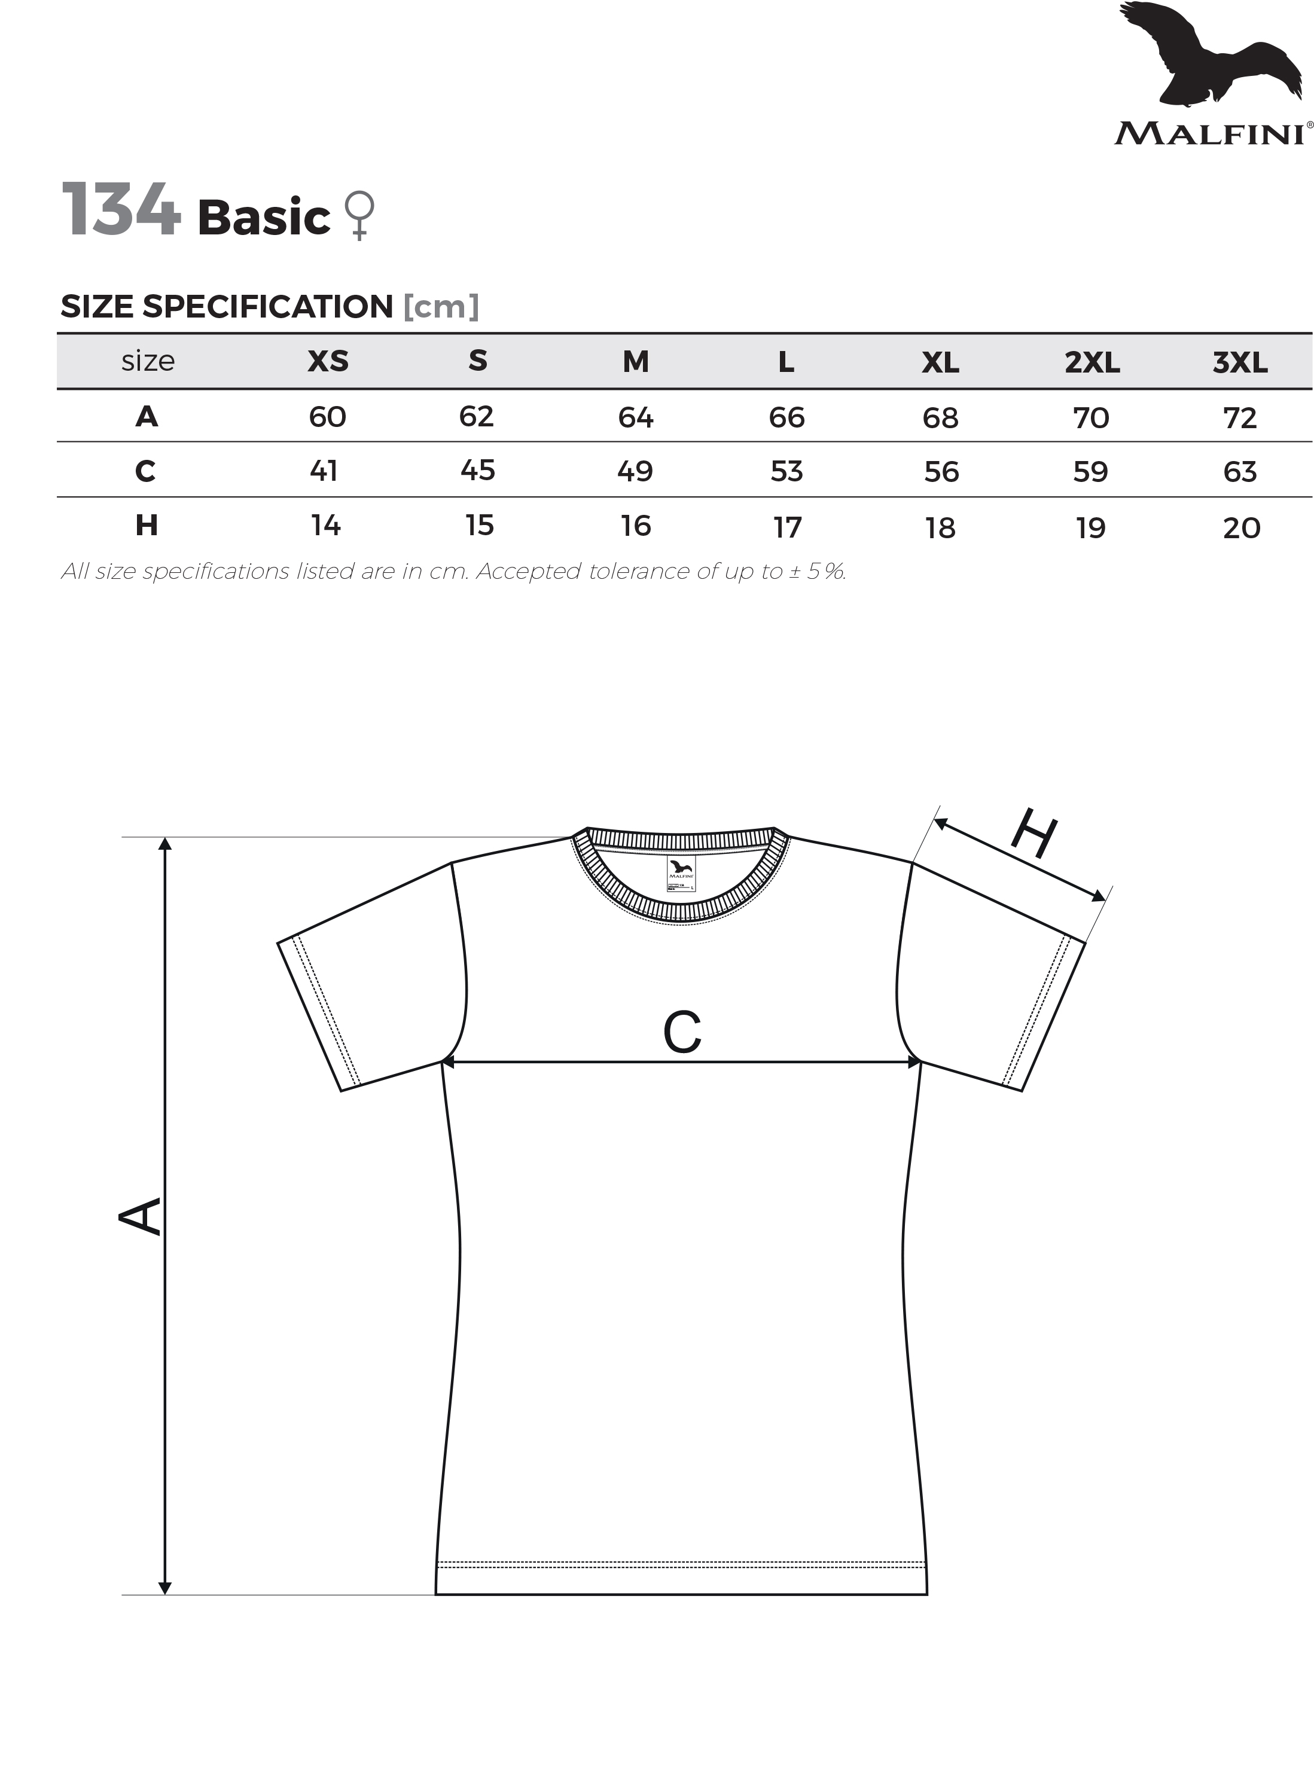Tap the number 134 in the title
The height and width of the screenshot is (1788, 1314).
(x=121, y=209)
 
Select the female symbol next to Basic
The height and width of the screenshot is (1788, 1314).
(x=359, y=215)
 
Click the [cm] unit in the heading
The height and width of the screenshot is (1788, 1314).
(x=441, y=306)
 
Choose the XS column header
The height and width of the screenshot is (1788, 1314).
(x=328, y=361)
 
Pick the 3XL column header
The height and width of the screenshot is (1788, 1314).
(x=1240, y=363)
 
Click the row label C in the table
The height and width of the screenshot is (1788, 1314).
(x=145, y=471)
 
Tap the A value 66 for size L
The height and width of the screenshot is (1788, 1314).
(x=786, y=417)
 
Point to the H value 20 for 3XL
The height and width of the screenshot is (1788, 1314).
(x=1242, y=528)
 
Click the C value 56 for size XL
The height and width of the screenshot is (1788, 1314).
(x=941, y=472)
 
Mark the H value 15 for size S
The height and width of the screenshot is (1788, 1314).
(x=480, y=525)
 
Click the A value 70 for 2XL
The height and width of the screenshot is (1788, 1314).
(x=1092, y=417)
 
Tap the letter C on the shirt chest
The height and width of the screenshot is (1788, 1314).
(x=682, y=1032)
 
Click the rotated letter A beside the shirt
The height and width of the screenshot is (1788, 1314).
(x=140, y=1216)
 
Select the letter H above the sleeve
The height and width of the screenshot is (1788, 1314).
(x=1034, y=833)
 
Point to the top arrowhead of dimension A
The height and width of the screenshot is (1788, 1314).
(x=164, y=844)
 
